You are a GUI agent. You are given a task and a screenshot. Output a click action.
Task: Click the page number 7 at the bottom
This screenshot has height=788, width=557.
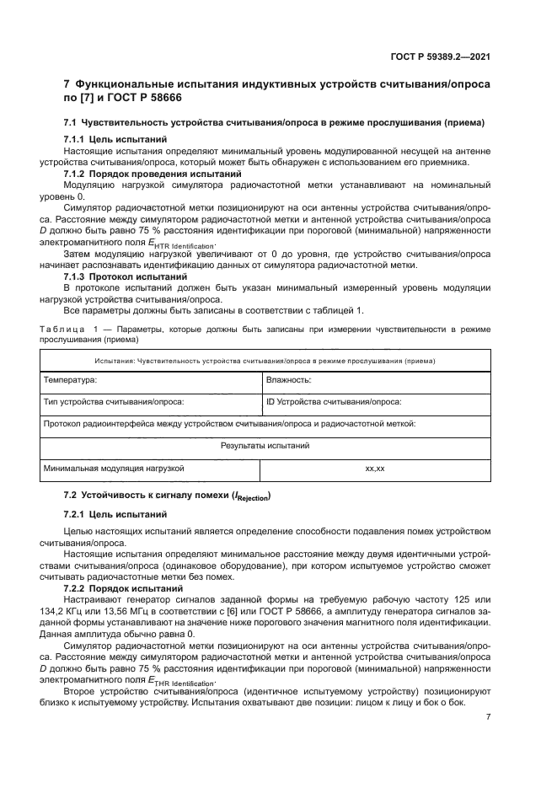(488, 716)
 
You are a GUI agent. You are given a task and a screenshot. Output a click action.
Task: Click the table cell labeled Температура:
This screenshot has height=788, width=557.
(70, 380)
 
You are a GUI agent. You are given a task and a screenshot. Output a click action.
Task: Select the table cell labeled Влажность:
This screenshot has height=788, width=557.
(289, 380)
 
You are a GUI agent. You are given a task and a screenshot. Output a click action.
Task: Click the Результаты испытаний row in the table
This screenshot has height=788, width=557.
(265, 445)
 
